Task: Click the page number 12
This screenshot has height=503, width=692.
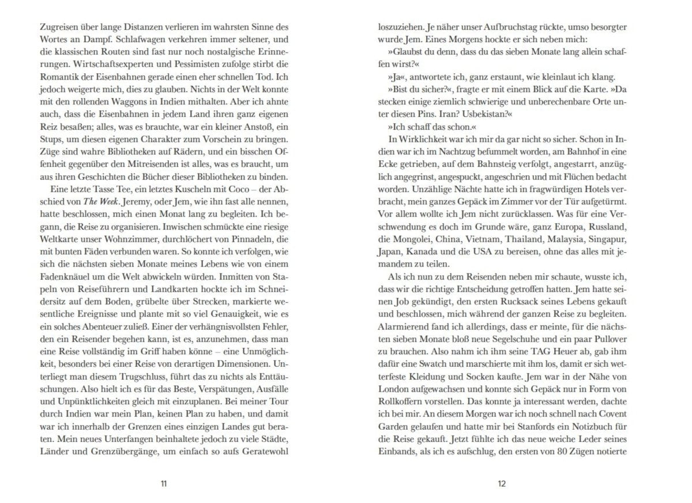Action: coord(502,483)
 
